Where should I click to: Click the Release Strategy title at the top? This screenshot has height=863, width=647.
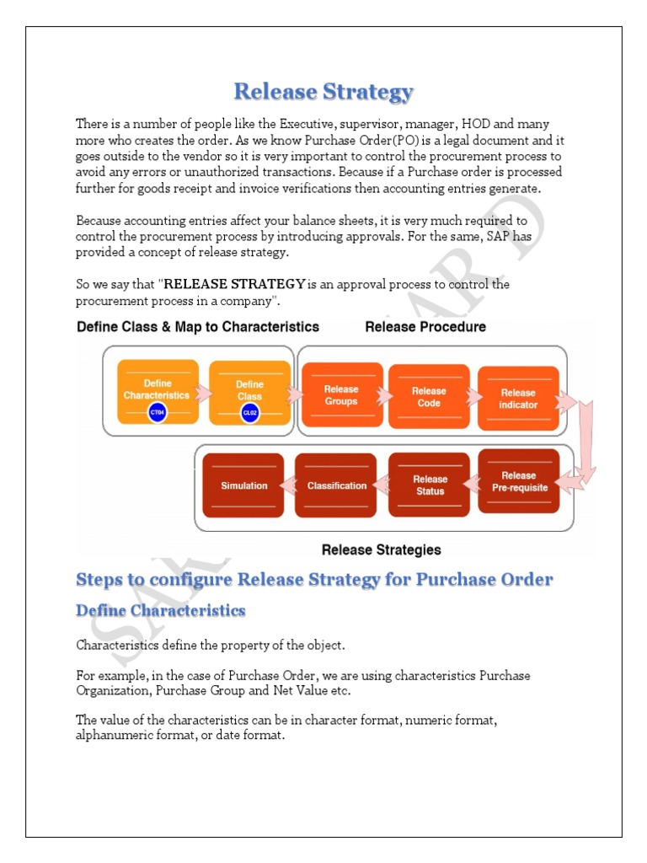click(x=323, y=91)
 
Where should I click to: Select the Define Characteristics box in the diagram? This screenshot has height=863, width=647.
click(x=157, y=390)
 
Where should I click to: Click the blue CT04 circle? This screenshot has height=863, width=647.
click(x=157, y=412)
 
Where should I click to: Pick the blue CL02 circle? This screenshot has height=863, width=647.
click(x=249, y=412)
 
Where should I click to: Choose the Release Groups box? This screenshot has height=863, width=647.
click(x=341, y=395)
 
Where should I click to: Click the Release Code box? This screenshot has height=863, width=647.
click(x=429, y=396)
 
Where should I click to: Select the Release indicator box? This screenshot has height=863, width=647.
click(x=518, y=399)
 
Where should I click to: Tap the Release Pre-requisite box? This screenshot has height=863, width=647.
click(x=518, y=481)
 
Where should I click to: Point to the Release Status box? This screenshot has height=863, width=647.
click(x=430, y=485)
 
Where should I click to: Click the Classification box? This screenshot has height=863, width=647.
click(x=336, y=485)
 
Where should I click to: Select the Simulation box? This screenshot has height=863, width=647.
click(x=243, y=485)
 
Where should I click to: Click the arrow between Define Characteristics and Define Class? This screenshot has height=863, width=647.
click(x=203, y=393)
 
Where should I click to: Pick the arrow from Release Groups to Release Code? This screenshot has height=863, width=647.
click(x=386, y=395)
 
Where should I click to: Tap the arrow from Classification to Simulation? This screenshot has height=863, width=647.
click(x=289, y=485)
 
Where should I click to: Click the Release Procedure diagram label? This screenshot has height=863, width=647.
click(x=425, y=326)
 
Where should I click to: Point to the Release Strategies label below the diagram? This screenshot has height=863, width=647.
click(x=381, y=549)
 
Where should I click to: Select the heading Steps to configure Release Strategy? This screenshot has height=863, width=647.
click(x=314, y=580)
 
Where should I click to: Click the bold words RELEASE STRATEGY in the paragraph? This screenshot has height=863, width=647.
click(x=234, y=284)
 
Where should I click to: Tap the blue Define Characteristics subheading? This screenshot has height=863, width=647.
click(x=160, y=610)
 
